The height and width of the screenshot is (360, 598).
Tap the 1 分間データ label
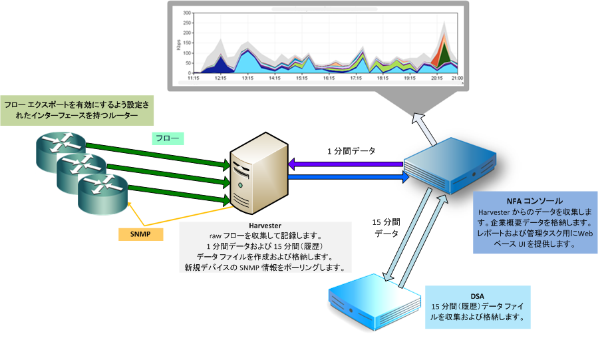pyautogui.click(x=351, y=151)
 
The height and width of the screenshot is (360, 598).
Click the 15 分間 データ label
pyautogui.click(x=386, y=228)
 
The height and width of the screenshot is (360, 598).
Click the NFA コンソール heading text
pyautogui.click(x=534, y=201)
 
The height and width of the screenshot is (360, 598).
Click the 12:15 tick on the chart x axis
pyautogui.click(x=221, y=79)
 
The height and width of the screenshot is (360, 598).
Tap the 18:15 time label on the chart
pyautogui.click(x=382, y=79)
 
